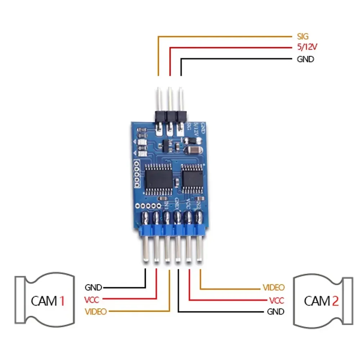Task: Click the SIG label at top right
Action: pos(303,36)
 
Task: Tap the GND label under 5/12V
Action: pos(305,59)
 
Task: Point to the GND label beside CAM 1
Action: pos(94,287)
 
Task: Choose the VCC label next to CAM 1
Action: pos(91,299)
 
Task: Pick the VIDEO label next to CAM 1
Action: pos(96,311)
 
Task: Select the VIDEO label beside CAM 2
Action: pos(274,287)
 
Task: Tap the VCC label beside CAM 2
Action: pos(276,300)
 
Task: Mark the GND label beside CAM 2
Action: pos(275,311)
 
